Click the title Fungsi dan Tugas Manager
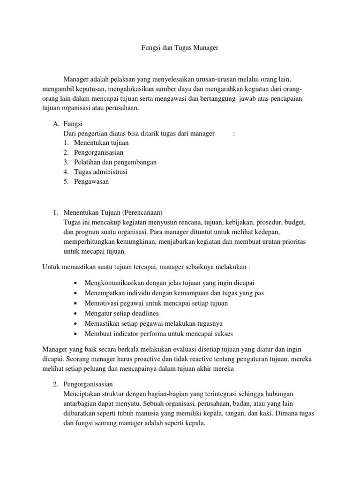point(180,48)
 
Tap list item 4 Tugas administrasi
point(100,172)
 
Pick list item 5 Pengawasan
point(91,181)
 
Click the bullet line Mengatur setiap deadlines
point(121,313)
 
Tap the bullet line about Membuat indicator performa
point(158,334)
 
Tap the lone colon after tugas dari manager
point(233,134)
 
